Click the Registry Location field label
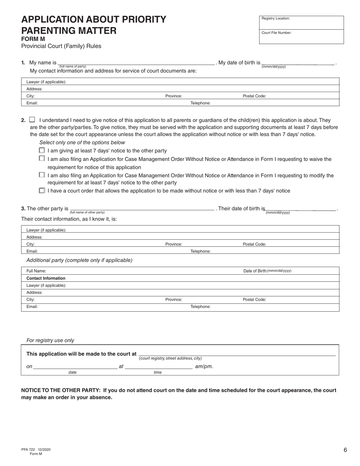[275, 18]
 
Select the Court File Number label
[276, 33]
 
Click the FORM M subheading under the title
[33, 39]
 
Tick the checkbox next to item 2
[32, 119]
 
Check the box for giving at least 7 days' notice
[42, 150]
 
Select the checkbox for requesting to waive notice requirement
[42, 158]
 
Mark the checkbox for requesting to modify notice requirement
[42, 175]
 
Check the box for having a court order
[42, 191]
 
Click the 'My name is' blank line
[136, 63]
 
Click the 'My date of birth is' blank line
[298, 63]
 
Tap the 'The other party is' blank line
[142, 209]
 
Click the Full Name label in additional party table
[36, 271]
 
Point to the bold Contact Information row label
[46, 278]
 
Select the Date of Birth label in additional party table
[267, 271]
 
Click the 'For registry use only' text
[50, 340]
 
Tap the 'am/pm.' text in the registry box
[204, 366]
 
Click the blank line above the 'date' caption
[75, 367]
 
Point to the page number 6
[345, 450]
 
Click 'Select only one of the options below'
[82, 142]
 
